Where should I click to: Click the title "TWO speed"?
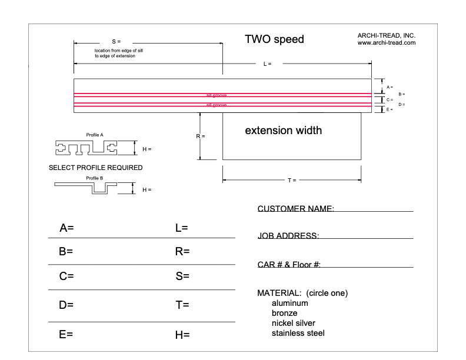274,40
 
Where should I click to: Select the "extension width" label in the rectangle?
283,130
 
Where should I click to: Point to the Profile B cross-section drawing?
94,188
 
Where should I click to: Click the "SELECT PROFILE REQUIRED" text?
95,168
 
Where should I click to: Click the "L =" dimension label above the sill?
267,64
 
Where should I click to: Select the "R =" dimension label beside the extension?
200,136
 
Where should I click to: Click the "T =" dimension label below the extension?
292,180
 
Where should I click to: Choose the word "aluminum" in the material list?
289,304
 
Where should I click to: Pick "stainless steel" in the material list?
297,334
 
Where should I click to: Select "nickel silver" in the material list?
293,324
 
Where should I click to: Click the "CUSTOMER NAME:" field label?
296,209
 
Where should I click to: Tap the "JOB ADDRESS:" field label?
288,236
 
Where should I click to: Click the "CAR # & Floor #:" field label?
289,265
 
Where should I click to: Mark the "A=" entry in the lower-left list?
66,228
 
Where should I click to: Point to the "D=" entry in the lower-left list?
66,305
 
